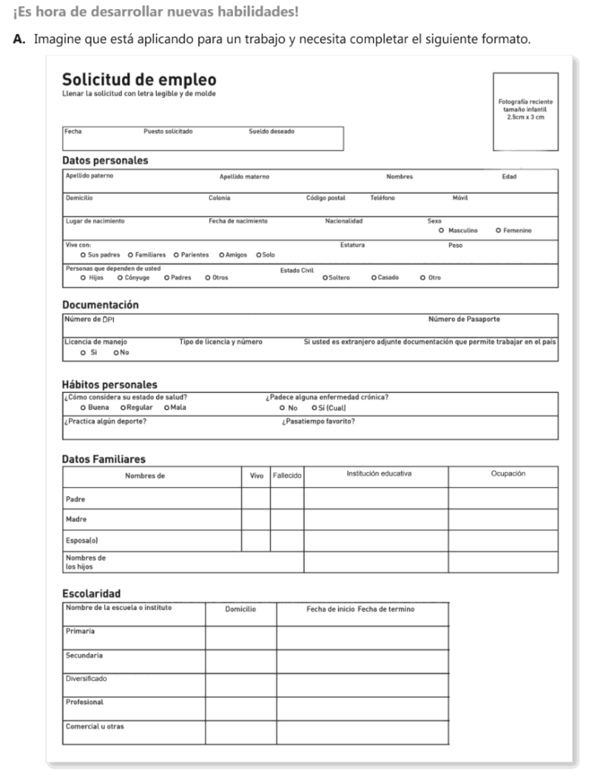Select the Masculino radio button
point(441,230)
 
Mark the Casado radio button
point(374,277)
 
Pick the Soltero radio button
point(325,277)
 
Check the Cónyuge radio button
point(121,277)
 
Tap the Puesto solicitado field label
point(168,132)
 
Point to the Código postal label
point(325,198)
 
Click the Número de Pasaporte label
point(464,319)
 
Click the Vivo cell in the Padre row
point(256,499)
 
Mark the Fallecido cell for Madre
point(287,520)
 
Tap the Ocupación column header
point(508,474)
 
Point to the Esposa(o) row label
point(81,541)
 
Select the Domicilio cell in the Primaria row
point(241,637)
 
